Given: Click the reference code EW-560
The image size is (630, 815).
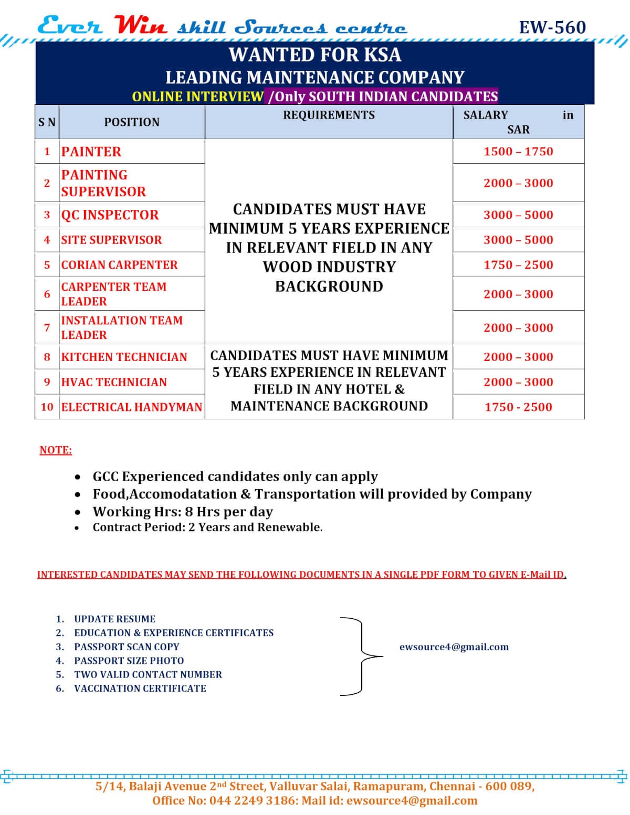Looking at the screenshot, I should click(552, 27).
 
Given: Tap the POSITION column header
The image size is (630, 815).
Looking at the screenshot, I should click(131, 122).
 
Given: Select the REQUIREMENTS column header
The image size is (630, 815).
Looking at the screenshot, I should click(329, 115).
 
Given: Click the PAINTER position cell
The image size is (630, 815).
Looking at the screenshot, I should click(91, 152).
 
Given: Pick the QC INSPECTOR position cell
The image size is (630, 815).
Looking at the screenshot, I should click(110, 215).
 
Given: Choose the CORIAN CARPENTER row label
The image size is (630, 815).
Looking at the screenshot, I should click(119, 265).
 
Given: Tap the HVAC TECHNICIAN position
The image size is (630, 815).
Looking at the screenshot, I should click(114, 382).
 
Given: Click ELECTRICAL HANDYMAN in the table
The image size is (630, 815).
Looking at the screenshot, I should click(131, 407).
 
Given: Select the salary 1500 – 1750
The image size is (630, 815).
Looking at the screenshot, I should click(518, 152).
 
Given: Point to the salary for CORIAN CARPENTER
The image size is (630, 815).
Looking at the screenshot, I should click(518, 265).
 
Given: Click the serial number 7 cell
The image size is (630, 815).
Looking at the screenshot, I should click(47, 327).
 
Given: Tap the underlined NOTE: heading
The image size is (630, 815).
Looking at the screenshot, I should click(56, 450).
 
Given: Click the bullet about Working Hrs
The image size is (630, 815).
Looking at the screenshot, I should click(183, 512).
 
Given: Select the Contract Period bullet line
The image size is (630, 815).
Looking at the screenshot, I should click(207, 527).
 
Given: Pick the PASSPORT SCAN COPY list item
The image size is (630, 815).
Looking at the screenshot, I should click(127, 647).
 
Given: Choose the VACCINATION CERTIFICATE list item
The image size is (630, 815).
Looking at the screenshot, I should click(140, 689).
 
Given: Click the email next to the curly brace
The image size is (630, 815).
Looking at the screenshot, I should click(454, 647).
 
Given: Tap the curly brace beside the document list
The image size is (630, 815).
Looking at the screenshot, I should click(362, 656).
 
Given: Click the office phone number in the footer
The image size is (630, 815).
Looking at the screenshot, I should click(251, 801).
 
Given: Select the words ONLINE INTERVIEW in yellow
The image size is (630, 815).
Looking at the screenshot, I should click(198, 97).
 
